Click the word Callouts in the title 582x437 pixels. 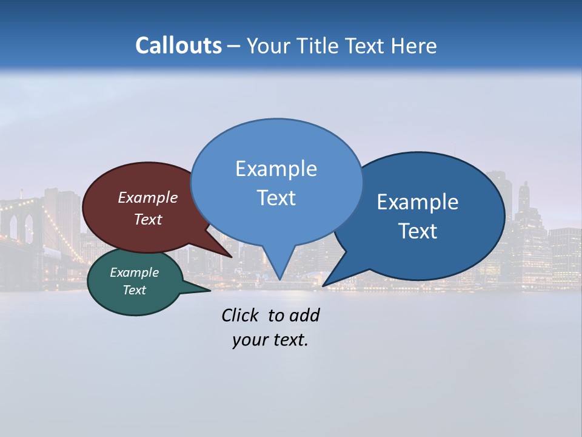178,46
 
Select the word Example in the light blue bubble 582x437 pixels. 276,169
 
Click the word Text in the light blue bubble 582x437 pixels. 276,198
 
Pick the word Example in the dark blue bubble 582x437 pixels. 417,202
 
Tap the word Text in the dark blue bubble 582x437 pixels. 418,231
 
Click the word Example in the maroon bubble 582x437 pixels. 148,198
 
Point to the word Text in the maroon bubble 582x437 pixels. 148,219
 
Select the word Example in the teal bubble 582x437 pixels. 134,273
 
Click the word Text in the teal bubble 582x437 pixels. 134,290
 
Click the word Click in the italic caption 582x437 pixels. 239,315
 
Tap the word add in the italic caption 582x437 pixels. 304,315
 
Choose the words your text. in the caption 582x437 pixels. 270,340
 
